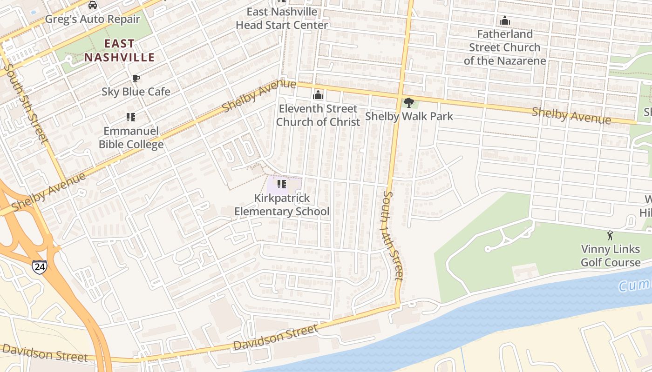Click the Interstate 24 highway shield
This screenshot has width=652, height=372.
[x=40, y=267]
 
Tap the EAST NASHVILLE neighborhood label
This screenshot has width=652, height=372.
[x=119, y=51]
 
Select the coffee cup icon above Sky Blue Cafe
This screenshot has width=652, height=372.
[x=136, y=78]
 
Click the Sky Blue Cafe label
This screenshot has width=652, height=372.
[x=136, y=92]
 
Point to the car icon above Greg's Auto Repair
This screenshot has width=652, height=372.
[x=93, y=5]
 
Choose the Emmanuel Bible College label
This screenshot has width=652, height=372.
[x=131, y=138]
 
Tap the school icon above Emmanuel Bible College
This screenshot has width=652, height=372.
[x=131, y=117]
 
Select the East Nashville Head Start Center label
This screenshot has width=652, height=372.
[x=282, y=19]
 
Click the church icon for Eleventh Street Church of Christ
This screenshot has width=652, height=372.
[x=318, y=95]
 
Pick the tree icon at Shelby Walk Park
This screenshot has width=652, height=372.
[x=409, y=102]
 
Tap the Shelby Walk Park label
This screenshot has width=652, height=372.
[x=409, y=116]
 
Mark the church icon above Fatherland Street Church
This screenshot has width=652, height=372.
[x=504, y=20]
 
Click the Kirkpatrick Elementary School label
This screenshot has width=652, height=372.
[x=282, y=205]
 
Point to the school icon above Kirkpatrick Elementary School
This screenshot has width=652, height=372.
[x=282, y=184]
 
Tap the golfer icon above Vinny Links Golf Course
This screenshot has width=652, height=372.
[x=610, y=235]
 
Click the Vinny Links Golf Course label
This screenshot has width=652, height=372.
[x=610, y=256]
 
